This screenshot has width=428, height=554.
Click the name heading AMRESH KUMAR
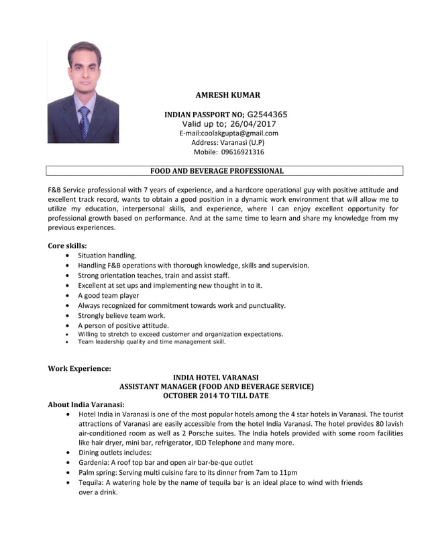(227, 95)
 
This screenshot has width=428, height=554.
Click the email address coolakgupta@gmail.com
(239, 133)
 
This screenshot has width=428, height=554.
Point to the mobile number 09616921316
(238, 152)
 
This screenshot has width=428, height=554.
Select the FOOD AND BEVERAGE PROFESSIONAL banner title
(217, 171)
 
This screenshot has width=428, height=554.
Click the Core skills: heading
(67, 245)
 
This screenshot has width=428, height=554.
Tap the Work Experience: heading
(79, 368)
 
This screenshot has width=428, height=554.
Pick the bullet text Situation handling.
(107, 256)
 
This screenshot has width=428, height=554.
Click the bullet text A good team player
(109, 295)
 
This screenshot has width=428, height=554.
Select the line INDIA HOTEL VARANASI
(216, 378)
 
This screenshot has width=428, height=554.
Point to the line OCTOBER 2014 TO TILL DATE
(216, 396)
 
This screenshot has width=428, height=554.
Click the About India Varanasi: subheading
(86, 405)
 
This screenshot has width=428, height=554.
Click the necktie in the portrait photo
(84, 121)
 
